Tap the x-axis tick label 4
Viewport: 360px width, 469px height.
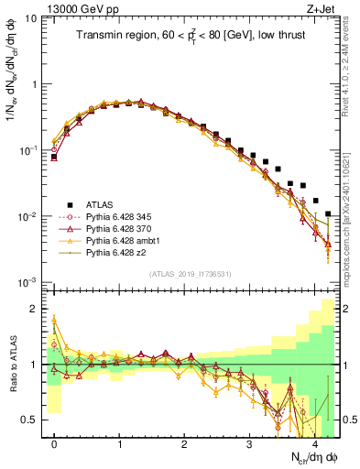(314, 443)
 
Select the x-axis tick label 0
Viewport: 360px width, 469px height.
(54, 443)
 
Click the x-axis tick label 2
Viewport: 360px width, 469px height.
(184, 443)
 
